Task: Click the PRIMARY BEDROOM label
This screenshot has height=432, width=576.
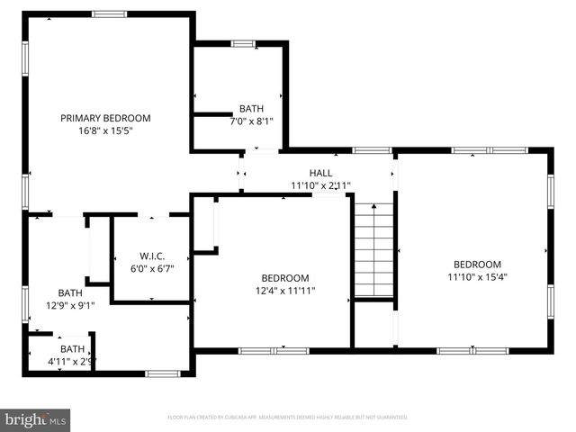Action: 105,118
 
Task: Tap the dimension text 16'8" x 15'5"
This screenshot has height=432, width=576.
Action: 105,130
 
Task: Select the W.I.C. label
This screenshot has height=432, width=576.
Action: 151,256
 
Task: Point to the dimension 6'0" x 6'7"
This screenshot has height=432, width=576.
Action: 151,268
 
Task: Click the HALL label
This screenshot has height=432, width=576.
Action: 320,173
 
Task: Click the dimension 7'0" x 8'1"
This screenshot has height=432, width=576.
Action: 252,121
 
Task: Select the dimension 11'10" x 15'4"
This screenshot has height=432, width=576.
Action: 477,276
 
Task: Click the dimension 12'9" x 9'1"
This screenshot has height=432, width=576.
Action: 69,305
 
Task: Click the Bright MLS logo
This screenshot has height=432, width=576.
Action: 36,418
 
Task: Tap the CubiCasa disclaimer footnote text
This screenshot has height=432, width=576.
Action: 288,418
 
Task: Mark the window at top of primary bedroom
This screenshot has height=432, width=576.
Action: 110,13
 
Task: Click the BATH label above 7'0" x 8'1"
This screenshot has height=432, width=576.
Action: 252,108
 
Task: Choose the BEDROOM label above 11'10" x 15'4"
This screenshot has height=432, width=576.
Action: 477,264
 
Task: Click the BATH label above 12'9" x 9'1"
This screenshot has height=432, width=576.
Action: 69,292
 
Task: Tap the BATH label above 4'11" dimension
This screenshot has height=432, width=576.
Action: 72,349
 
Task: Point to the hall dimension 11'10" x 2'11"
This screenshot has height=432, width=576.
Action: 320,185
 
